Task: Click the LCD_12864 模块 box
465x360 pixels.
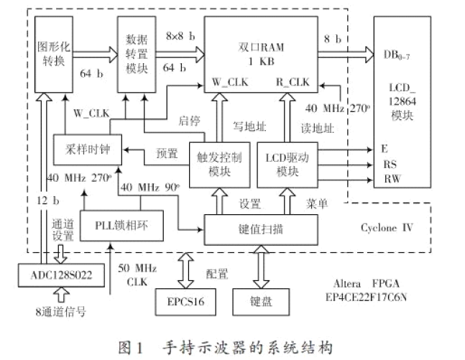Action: (x=405, y=108)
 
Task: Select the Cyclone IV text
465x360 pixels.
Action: (x=387, y=229)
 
